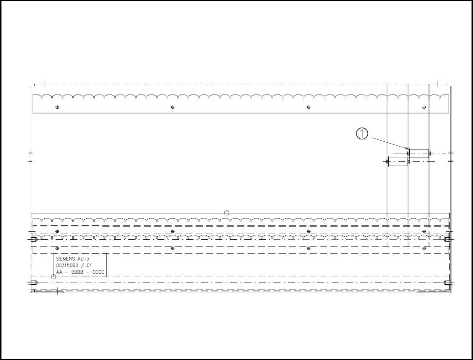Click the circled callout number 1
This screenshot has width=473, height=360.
[x=362, y=133]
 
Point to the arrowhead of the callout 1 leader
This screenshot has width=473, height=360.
[x=407, y=149]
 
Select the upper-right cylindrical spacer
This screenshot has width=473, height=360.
[x=419, y=154]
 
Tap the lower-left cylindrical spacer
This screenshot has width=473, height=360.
[x=397, y=162]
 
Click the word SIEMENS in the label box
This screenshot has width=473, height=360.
[x=65, y=258]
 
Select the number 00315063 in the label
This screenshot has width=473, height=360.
[x=69, y=265]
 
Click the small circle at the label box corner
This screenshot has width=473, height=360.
[x=54, y=277]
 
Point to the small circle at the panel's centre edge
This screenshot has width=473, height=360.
[x=226, y=212]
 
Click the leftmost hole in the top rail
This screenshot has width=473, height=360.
[x=57, y=107]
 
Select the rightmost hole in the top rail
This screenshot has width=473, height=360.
[x=424, y=107]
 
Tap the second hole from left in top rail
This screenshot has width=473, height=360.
[x=173, y=107]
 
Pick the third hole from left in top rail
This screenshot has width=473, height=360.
[x=309, y=107]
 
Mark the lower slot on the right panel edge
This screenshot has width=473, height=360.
[x=447, y=283]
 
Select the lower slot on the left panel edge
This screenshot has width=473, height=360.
[x=33, y=283]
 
